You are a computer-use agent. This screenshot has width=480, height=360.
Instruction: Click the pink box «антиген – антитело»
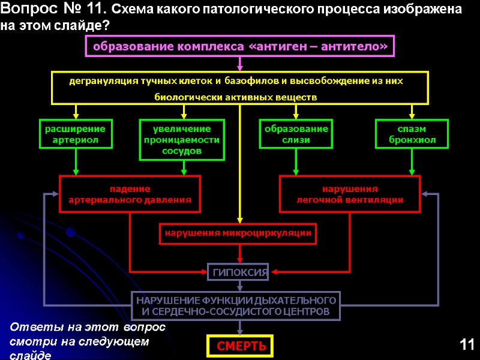[x=240, y=46]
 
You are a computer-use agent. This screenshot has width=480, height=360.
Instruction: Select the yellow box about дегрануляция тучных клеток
[x=240, y=88]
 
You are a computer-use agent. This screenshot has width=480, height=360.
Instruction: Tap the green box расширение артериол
[x=76, y=134]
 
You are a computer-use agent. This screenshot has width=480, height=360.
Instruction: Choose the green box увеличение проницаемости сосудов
[x=182, y=140]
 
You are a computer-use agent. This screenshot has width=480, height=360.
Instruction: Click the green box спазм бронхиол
[x=412, y=134]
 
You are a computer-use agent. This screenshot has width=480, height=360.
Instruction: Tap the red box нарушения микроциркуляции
[x=238, y=233]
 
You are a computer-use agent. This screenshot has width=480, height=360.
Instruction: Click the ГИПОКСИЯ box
[x=238, y=272]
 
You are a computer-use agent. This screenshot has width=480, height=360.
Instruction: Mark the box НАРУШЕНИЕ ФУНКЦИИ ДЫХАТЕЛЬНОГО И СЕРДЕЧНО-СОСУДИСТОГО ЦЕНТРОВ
[x=235, y=305]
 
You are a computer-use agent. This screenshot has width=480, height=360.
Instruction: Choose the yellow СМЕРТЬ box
[x=240, y=346]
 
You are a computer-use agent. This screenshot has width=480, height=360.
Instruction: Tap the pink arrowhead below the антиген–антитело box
[x=240, y=67]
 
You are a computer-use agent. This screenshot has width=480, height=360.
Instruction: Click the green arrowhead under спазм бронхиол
[x=412, y=171]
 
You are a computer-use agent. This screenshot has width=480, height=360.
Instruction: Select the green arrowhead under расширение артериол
[x=76, y=171]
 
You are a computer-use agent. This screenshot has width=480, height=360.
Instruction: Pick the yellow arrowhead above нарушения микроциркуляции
[x=240, y=220]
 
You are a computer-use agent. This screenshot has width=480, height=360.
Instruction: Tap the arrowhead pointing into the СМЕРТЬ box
[x=240, y=331]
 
